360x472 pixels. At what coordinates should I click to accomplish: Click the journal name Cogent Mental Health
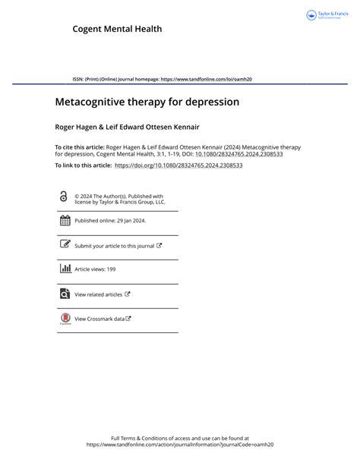click(x=117, y=29)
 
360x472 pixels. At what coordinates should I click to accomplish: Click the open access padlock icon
click(x=64, y=197)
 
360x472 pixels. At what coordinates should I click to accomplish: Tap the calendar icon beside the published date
click(x=65, y=221)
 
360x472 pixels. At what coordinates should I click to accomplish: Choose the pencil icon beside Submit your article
click(x=65, y=245)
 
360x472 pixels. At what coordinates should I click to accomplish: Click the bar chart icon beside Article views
click(x=65, y=269)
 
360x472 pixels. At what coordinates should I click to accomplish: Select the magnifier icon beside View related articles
click(x=65, y=294)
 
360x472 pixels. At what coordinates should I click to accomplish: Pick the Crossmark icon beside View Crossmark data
click(x=65, y=319)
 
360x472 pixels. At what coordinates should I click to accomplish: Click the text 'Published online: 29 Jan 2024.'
click(x=110, y=221)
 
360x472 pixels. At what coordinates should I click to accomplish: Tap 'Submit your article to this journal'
click(x=114, y=246)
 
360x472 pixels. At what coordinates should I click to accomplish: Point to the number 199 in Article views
click(x=111, y=269)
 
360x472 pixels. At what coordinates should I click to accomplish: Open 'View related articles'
click(x=99, y=294)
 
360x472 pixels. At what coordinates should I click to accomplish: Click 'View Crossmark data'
click(x=99, y=319)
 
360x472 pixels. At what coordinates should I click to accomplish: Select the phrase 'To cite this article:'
click(x=81, y=146)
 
